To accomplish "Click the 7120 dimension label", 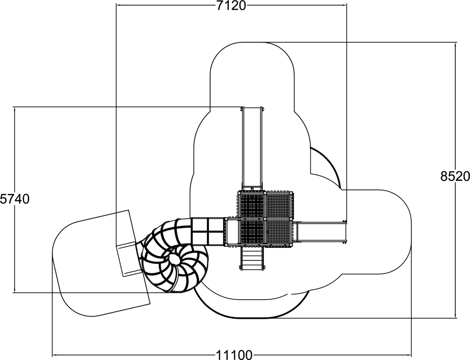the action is pos(231,6).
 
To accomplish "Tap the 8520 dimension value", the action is pos(455,176).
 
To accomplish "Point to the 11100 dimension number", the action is pos(234,355).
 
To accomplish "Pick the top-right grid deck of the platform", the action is pos(278,205).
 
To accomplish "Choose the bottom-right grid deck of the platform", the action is pos(278,232).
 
